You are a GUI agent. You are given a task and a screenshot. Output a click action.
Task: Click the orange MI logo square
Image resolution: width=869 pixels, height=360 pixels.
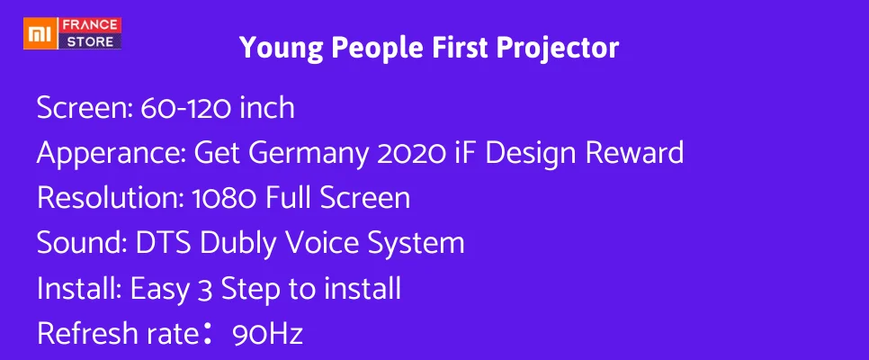38,33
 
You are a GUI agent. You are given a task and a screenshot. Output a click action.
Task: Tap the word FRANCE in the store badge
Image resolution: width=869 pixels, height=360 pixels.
90,25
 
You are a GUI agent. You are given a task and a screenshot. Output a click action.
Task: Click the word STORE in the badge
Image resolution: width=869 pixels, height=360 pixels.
90,41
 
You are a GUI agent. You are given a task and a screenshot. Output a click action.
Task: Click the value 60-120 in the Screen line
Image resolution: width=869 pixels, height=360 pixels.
184,109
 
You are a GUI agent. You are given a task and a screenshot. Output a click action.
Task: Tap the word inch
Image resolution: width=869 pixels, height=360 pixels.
266,107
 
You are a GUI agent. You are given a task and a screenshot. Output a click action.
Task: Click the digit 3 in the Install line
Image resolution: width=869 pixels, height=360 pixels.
204,290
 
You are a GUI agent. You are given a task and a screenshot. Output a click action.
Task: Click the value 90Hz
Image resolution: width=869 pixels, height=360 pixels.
268,335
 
